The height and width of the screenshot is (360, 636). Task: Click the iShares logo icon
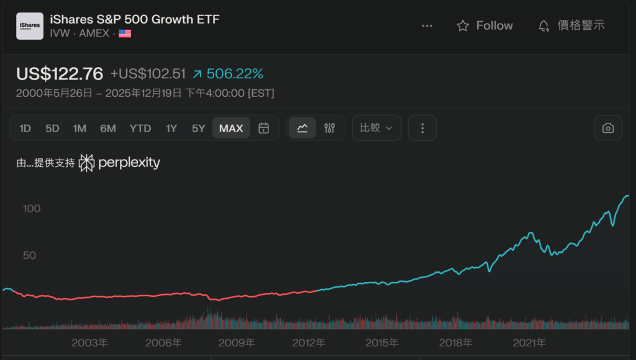pos(30,26)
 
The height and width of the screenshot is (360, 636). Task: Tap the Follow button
pos(484,25)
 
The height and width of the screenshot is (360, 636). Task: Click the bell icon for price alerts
pos(543,25)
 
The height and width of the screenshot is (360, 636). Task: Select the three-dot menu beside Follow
pos(427,25)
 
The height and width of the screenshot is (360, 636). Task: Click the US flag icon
pos(125,34)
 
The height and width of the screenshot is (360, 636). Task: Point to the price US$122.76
pos(60,73)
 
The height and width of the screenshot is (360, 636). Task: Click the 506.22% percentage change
pos(235,74)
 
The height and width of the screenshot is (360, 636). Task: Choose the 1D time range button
pos(25,128)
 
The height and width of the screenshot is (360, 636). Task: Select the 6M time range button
pos(108,128)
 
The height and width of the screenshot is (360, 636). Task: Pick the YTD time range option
pos(140,128)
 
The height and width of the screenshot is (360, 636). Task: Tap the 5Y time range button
pos(198,128)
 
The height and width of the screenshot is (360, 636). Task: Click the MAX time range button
pos(231,128)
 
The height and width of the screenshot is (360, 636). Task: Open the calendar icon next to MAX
pos(264,128)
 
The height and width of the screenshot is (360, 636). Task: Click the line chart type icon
pos(302,128)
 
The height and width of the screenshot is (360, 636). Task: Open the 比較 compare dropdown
pos(376,128)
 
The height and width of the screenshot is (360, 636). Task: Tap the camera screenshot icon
pos(608,128)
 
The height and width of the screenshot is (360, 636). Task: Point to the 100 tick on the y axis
pos(32,209)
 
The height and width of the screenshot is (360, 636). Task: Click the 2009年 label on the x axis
pos(237,343)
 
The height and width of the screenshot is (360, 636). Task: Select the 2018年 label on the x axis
pos(456,343)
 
